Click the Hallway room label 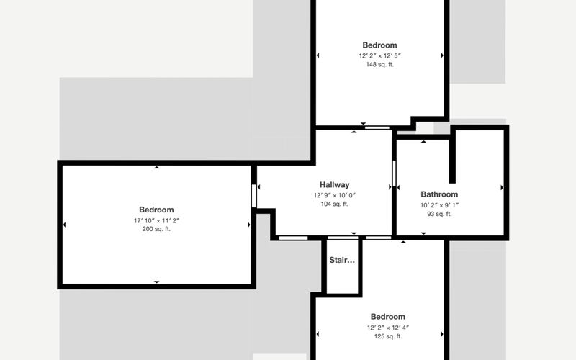(x=334, y=185)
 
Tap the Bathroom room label (x=439, y=194)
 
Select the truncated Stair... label (x=342, y=260)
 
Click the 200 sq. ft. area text (x=156, y=229)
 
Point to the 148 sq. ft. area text (x=380, y=64)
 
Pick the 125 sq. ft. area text (x=388, y=336)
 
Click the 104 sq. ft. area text (x=334, y=204)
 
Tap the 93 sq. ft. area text (x=439, y=214)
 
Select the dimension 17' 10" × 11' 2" (x=156, y=220)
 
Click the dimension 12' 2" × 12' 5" (x=380, y=55)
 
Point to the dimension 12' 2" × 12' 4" (x=388, y=328)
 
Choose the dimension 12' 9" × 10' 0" (x=334, y=195)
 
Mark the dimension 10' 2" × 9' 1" (x=439, y=205)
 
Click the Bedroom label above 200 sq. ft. (x=156, y=210)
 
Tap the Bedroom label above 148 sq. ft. (x=380, y=45)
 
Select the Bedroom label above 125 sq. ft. (x=388, y=317)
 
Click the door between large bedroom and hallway (x=254, y=195)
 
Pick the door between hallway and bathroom (x=394, y=173)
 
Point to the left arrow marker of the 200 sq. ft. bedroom (x=65, y=225)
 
